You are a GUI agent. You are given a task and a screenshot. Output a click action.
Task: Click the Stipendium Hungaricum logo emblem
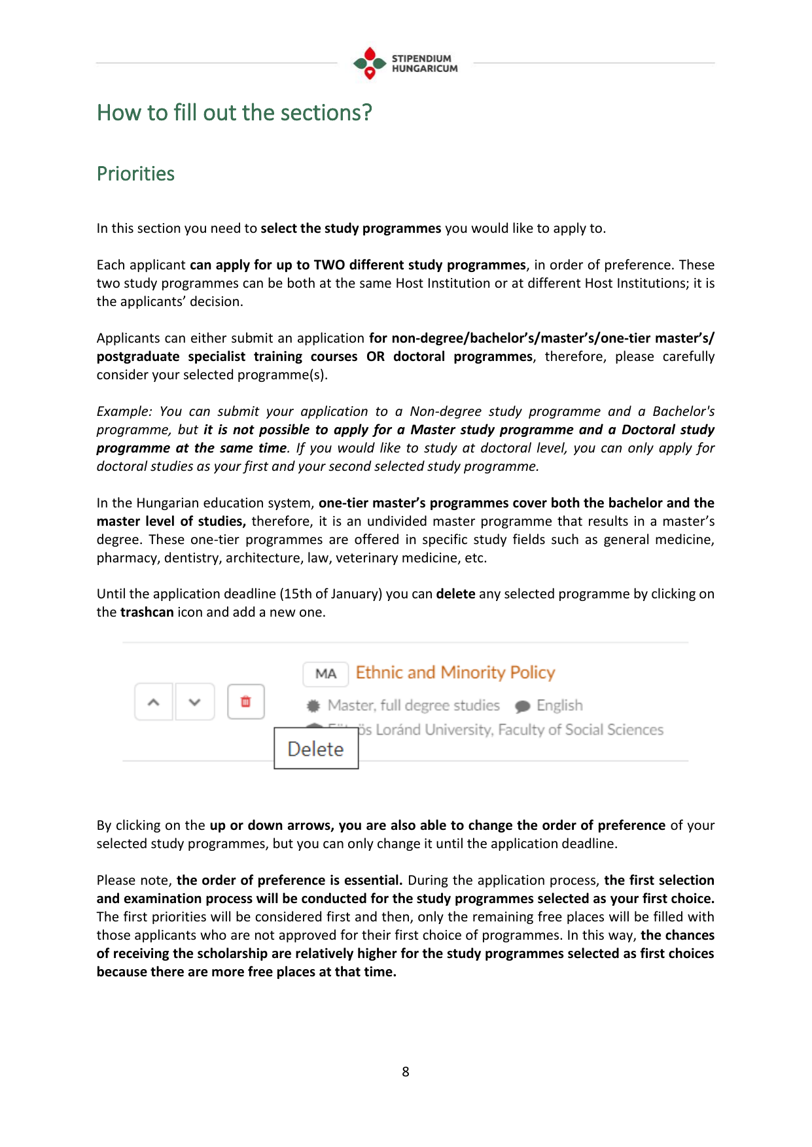click(x=370, y=63)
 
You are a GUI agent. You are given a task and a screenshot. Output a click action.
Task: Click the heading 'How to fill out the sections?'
click(x=234, y=112)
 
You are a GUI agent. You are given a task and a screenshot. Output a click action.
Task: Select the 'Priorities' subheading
click(x=135, y=174)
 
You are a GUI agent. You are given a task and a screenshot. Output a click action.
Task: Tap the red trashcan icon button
click(x=246, y=702)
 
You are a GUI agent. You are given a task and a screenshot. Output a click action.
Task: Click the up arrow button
click(x=154, y=702)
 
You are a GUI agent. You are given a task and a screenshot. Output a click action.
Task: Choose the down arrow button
click(x=194, y=702)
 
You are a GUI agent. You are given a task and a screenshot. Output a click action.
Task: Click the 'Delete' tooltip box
click(x=316, y=749)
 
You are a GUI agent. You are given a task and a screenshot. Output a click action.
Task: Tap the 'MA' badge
click(x=325, y=674)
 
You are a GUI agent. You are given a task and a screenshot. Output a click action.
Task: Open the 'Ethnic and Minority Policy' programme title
click(x=455, y=673)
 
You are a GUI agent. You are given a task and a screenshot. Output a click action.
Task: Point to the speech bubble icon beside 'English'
click(x=522, y=706)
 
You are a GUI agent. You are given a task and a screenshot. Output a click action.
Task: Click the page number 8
click(x=406, y=1072)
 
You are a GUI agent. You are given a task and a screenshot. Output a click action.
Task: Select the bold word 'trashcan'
click(x=147, y=612)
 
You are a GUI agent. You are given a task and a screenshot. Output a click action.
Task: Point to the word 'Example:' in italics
click(x=124, y=411)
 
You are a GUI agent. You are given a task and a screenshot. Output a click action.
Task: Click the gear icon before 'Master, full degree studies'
click(x=314, y=706)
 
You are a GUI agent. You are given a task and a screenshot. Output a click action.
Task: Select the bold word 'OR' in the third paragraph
click(x=376, y=356)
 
